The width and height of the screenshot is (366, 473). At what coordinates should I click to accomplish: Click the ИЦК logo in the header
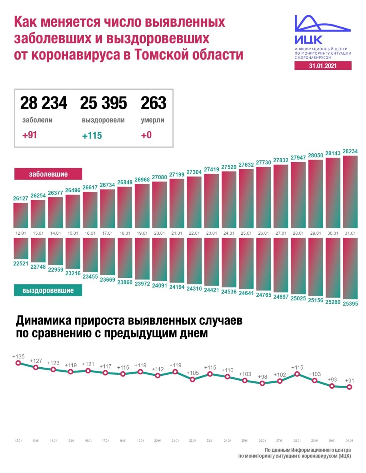(322, 30)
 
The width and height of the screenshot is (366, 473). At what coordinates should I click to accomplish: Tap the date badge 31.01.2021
(323, 66)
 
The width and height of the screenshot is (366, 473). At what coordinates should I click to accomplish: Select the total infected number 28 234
(44, 103)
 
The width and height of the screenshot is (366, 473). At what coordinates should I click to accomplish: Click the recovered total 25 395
(103, 103)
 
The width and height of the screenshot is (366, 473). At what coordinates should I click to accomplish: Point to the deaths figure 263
(153, 103)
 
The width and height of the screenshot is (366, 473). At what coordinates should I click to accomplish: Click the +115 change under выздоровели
(92, 136)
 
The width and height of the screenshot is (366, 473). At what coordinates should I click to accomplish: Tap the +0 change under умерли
(146, 135)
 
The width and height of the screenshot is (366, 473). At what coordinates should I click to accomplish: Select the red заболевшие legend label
(48, 174)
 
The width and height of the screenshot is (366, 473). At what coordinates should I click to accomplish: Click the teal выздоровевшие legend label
(48, 290)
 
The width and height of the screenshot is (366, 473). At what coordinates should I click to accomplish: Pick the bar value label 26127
(21, 198)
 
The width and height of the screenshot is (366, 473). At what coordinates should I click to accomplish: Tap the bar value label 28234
(350, 152)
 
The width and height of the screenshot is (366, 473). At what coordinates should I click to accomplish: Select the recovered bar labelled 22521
(21, 248)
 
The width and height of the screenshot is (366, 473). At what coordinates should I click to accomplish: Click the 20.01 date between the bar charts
(159, 233)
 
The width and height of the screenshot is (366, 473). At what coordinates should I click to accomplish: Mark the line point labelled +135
(18, 363)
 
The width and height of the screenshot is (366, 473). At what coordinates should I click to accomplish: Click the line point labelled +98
(262, 383)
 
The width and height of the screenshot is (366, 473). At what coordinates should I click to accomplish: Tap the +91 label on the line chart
(349, 380)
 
